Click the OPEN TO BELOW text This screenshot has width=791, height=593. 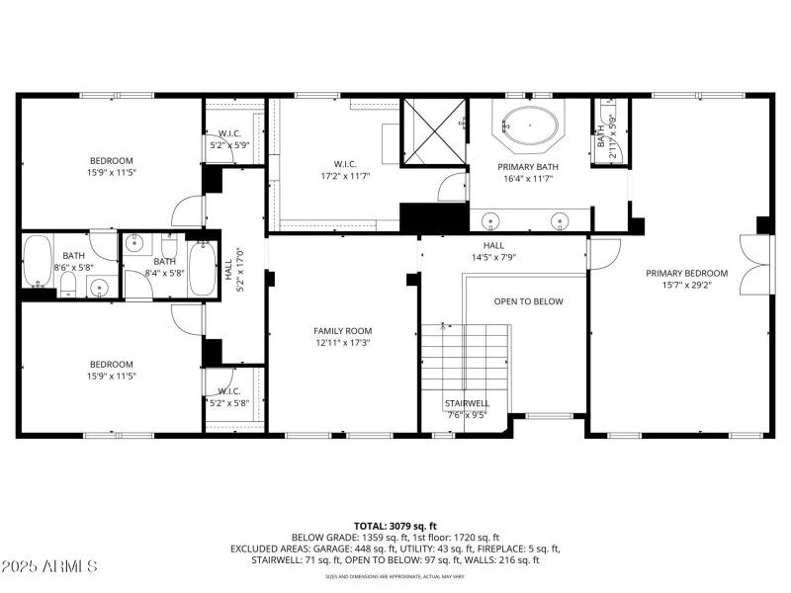(x=528, y=301)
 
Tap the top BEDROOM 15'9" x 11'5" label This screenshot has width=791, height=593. (x=111, y=167)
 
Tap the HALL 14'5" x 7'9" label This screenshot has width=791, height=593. (x=493, y=251)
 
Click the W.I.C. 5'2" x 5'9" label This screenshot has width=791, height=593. (x=229, y=139)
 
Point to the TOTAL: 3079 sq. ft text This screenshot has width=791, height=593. (x=395, y=526)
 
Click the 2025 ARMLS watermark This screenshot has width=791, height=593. (x=49, y=566)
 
